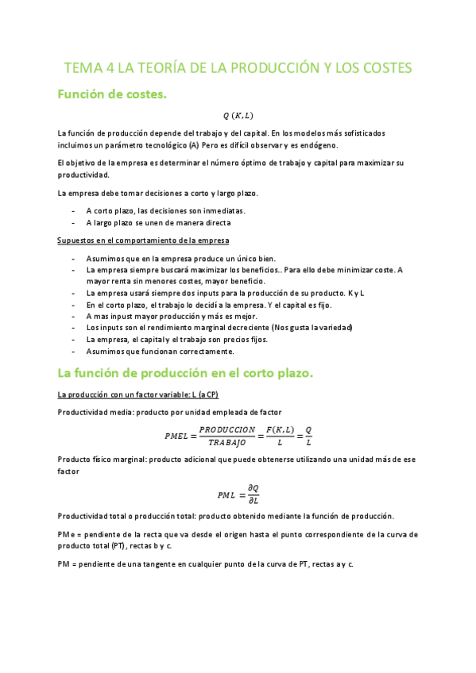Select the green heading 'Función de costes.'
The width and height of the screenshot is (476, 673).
(x=111, y=94)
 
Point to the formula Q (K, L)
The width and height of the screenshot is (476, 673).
(x=238, y=115)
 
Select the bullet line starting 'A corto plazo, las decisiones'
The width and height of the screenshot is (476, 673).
(x=165, y=210)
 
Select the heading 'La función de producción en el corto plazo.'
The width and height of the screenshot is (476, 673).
(x=187, y=372)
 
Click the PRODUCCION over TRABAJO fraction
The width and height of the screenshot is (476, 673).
(x=227, y=436)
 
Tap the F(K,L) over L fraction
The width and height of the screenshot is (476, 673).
(x=277, y=436)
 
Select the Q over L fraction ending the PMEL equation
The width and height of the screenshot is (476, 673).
(x=308, y=436)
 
